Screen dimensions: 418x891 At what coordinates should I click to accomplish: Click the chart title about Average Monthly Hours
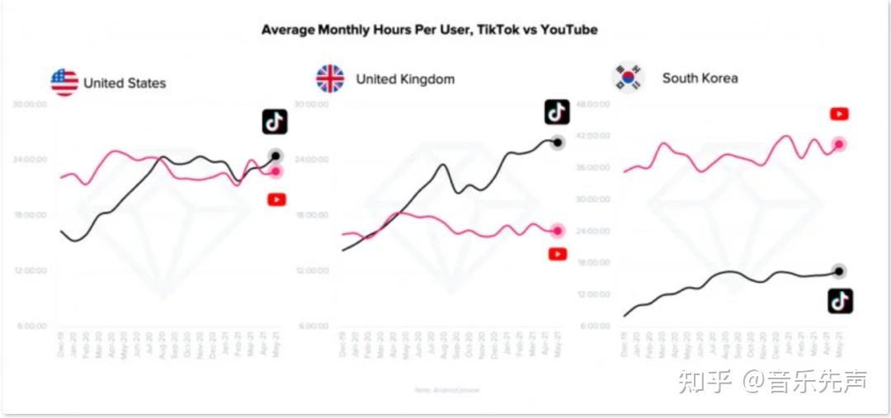pos(429,30)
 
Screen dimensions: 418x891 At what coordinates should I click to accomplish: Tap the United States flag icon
pos(64,82)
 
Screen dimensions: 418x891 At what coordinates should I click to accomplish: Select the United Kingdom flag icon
pos(330,79)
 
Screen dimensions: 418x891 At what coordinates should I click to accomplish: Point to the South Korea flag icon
pos(628,78)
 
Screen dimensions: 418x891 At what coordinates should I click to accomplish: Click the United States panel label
pos(125,83)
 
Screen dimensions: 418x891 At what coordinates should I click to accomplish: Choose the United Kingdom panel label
pos(405,80)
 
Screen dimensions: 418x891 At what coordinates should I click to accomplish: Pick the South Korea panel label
pos(700,78)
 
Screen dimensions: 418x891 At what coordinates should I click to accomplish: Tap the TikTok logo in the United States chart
pos(275,122)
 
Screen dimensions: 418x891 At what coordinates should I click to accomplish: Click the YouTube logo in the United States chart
pos(276,200)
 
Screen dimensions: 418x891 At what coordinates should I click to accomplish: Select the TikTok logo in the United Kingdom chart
pos(557,111)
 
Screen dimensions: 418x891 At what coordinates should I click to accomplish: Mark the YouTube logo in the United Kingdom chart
pos(558,255)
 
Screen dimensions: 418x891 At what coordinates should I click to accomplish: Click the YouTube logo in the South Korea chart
pos(839,115)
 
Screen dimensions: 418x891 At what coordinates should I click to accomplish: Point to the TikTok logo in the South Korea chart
pos(840,301)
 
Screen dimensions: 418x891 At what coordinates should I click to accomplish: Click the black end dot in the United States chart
pos(276,156)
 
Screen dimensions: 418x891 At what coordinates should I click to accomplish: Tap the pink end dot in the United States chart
pos(276,171)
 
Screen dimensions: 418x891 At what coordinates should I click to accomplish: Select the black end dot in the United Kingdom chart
pos(558,143)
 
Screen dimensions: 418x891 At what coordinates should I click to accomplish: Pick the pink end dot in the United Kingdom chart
pos(558,232)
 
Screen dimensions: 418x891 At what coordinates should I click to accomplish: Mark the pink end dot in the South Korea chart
pos(839,144)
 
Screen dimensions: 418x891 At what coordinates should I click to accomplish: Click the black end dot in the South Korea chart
pos(839,271)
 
